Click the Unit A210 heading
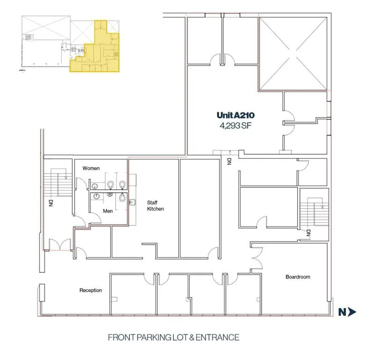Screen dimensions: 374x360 235,115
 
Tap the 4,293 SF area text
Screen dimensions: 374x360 235,126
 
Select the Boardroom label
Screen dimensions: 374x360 298,277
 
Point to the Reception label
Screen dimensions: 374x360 90,290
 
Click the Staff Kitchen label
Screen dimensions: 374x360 155,206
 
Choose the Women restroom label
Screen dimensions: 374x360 91,168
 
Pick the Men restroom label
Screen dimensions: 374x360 108,211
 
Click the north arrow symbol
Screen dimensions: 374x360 352,312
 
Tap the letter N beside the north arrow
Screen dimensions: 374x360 342,312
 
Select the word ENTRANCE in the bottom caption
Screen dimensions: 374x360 217,337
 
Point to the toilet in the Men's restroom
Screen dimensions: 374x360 122,197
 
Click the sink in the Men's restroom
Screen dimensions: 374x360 97,196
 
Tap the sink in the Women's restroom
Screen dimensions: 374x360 95,186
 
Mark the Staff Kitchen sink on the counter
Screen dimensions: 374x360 132,202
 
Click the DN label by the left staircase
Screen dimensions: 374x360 51,203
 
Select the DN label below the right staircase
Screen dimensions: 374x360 308,233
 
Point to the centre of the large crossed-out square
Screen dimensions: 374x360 293,54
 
